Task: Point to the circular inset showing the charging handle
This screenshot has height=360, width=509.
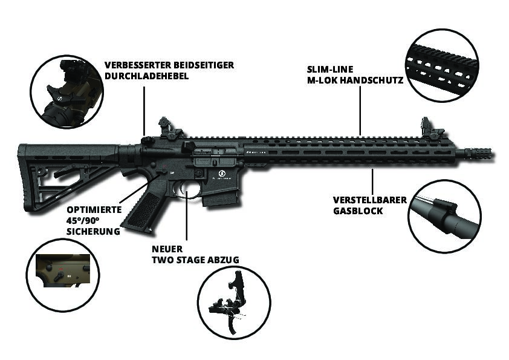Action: (66, 91)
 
